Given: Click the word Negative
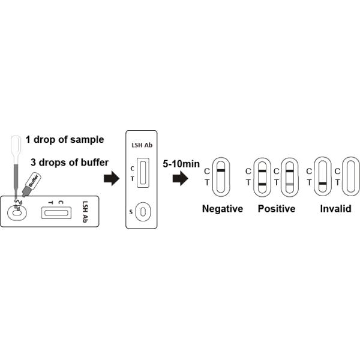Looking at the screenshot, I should click(x=222, y=209).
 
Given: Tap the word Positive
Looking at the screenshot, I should click(x=277, y=209).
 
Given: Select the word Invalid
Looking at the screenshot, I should click(x=335, y=209).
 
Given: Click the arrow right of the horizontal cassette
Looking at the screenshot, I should click(x=112, y=178).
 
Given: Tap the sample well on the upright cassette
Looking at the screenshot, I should click(x=142, y=212).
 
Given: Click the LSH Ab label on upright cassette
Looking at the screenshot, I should click(x=142, y=145).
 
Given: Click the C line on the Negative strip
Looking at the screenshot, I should click(x=221, y=171).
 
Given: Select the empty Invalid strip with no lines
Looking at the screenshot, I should click(x=350, y=176).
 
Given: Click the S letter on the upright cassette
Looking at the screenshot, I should click(x=132, y=212).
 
